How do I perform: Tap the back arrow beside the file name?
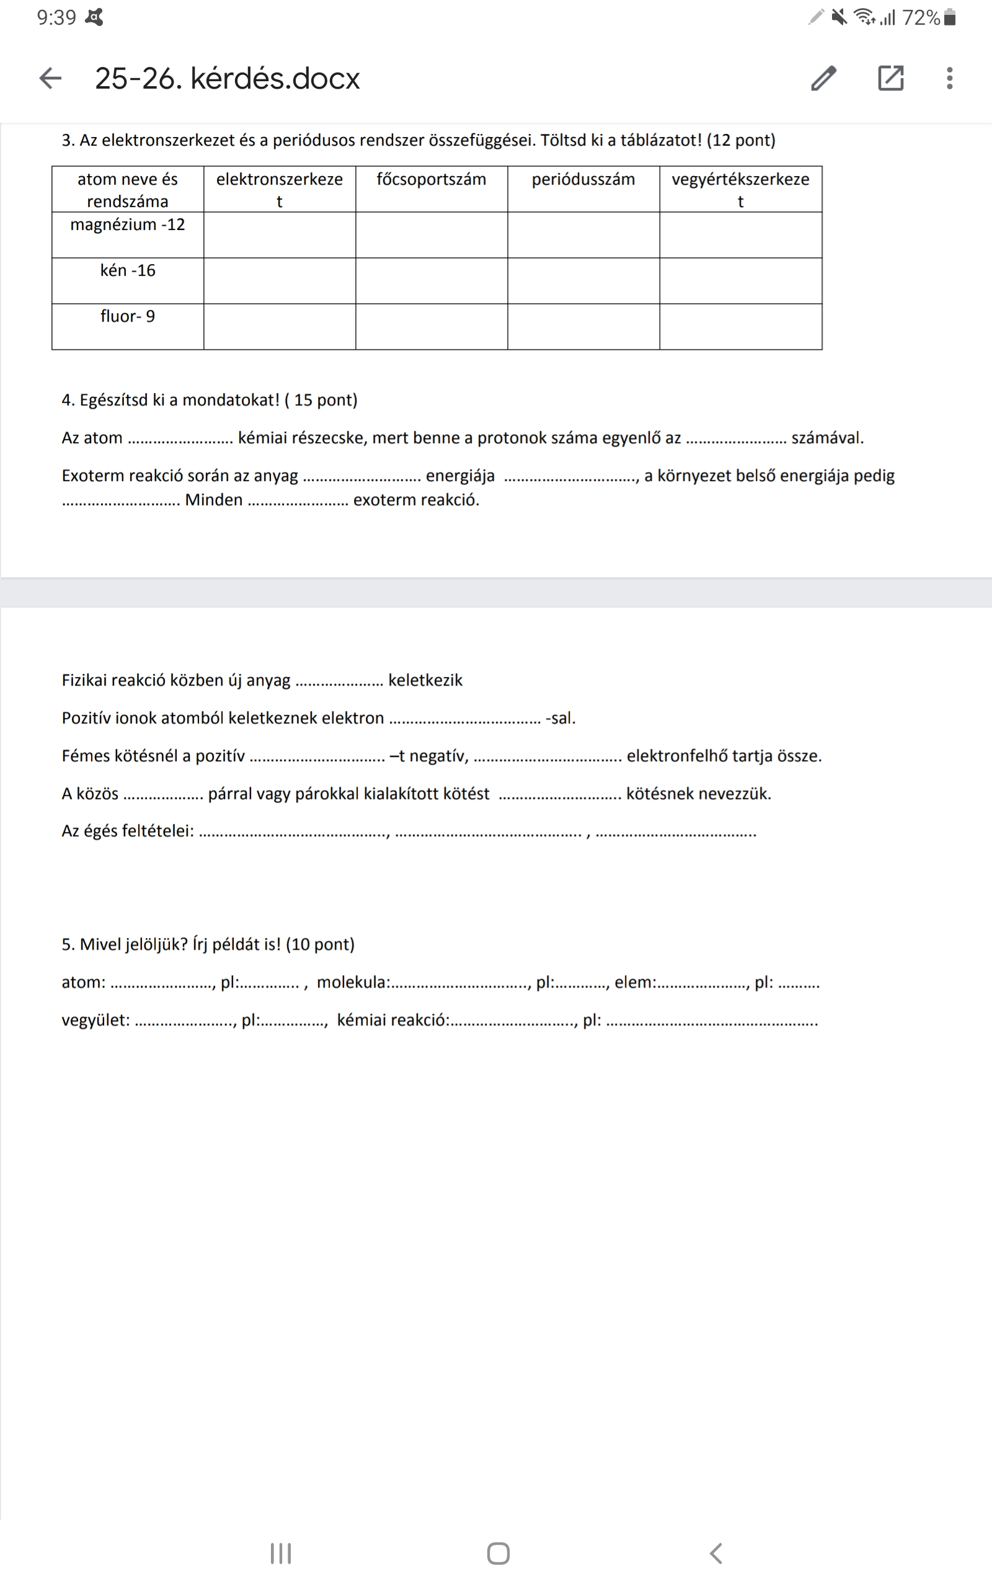(50, 78)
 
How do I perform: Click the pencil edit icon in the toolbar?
(823, 78)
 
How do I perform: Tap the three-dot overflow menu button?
(949, 78)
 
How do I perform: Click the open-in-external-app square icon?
(890, 78)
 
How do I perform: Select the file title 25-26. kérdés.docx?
(227, 79)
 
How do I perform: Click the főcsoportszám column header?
(431, 180)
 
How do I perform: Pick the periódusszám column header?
(583, 180)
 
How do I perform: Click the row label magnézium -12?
(127, 225)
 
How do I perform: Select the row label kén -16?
(127, 271)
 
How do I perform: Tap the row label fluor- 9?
(127, 317)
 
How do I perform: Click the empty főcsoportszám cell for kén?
(431, 281)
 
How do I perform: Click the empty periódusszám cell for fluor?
(583, 327)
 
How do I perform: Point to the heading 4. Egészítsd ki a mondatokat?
(210, 400)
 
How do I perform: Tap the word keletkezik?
(425, 681)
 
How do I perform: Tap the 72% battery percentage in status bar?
(921, 18)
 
